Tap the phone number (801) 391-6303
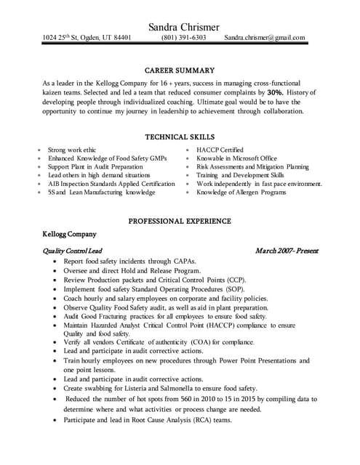[183, 38]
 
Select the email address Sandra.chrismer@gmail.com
[265, 38]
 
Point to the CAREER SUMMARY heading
[180, 70]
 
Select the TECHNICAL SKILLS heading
[180, 136]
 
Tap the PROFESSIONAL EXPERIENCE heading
[180, 221]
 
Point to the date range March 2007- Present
[287, 251]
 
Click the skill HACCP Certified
[220, 149]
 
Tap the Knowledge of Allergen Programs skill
[241, 193]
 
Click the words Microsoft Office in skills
[252, 158]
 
